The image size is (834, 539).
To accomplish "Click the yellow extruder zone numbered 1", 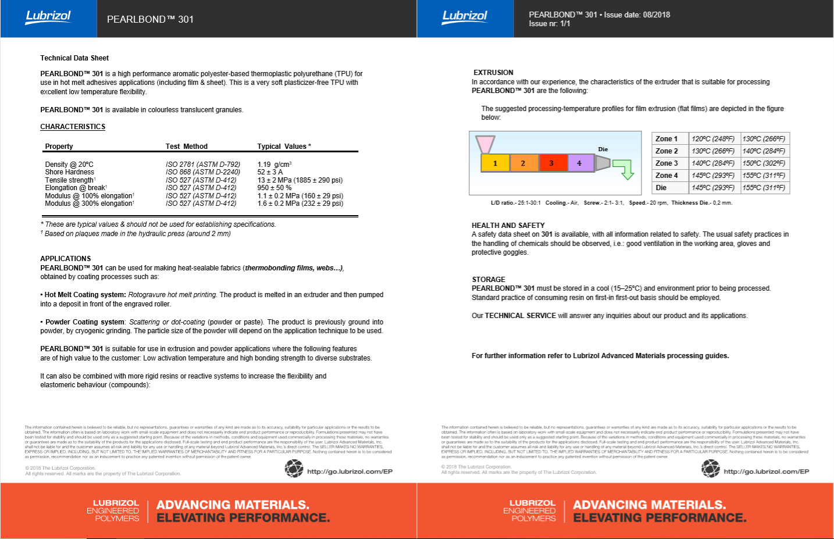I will coord(495,163).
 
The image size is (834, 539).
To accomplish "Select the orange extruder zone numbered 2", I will coord(523,163).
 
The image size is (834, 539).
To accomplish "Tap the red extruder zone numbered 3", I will coord(551,163).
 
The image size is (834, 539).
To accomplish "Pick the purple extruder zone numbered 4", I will coord(579,163).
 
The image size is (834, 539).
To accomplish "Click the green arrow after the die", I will coord(624,169).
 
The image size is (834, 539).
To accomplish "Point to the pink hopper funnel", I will coord(485,144).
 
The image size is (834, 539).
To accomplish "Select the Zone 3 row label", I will coord(667,163).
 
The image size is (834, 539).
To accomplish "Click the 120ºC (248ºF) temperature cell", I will coord(713,139).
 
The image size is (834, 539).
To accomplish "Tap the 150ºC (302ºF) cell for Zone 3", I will coord(764,163).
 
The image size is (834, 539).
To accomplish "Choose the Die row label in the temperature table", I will coord(661,188).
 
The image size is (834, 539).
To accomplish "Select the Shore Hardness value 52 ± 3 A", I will coord(270,172).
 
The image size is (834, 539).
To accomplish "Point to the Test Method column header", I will coord(186,147).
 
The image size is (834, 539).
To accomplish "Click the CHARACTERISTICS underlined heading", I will coord(73,127).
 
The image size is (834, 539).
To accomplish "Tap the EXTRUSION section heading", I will coord(493,73).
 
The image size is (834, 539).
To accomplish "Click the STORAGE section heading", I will coord(489,280).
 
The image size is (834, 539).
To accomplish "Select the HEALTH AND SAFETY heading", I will coord(508,226).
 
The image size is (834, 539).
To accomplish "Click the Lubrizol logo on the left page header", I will coord(48,17).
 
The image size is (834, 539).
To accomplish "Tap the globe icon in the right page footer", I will coord(711,469).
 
